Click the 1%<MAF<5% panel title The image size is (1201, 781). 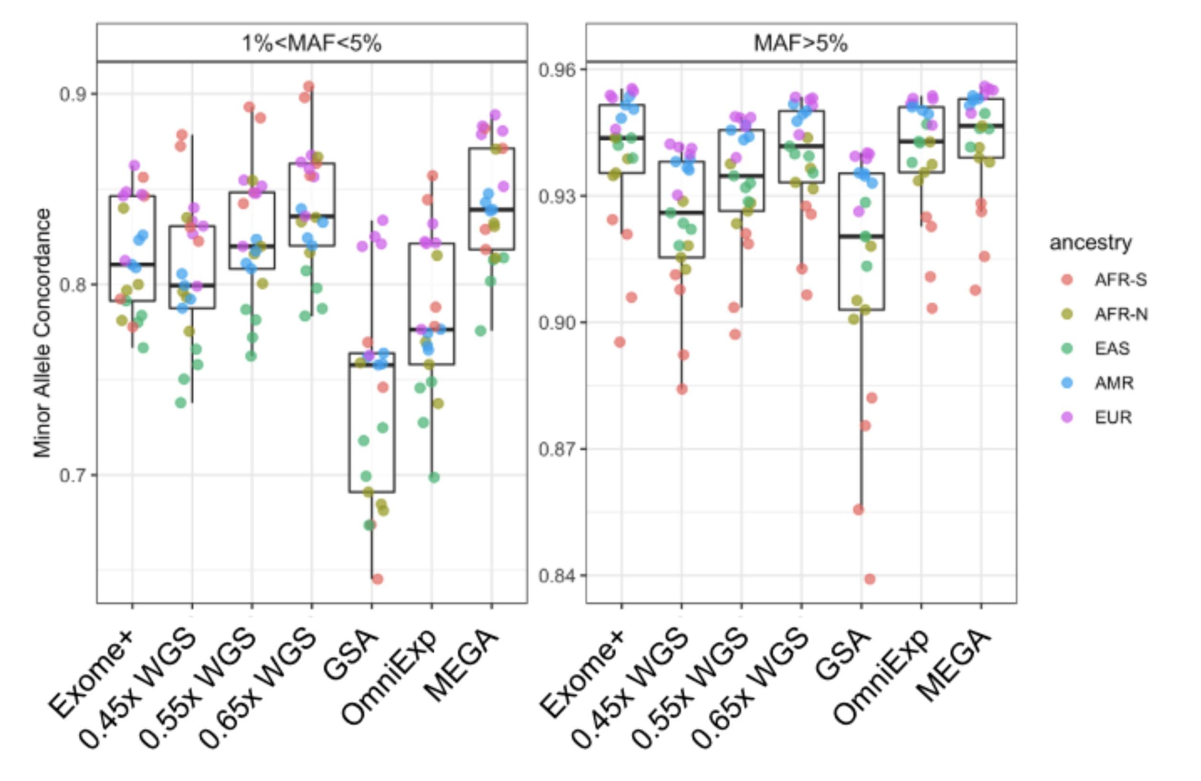pyautogui.click(x=311, y=43)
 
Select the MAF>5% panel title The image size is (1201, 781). pyautogui.click(x=801, y=43)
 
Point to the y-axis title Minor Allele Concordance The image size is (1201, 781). pyautogui.click(x=42, y=333)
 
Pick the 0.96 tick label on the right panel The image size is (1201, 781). pyautogui.click(x=558, y=70)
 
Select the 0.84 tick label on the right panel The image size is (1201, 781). pyautogui.click(x=558, y=576)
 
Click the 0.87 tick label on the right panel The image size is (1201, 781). pyautogui.click(x=558, y=449)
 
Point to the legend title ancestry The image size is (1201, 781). pyautogui.click(x=1090, y=243)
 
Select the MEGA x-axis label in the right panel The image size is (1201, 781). pyautogui.click(x=954, y=666)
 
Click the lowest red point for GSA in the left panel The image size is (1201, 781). pyautogui.click(x=377, y=579)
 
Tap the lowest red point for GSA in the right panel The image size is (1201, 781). pyautogui.click(x=869, y=579)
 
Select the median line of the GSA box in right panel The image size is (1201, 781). pyautogui.click(x=862, y=236)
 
